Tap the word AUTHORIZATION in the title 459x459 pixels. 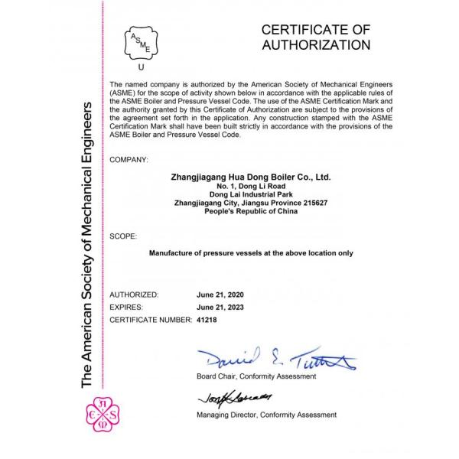pos(316,45)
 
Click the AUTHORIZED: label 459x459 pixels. pos(135,295)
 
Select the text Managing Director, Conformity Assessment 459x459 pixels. pos(265,415)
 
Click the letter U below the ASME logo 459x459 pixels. pos(141,67)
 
